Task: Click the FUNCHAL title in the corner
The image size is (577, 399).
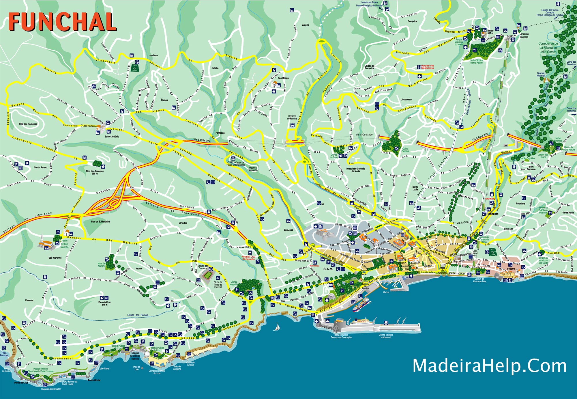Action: click(x=62, y=22)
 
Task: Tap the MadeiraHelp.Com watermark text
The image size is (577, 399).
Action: click(x=489, y=366)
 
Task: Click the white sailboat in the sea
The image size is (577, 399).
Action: click(x=277, y=327)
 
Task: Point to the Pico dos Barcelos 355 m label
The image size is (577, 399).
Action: click(x=95, y=172)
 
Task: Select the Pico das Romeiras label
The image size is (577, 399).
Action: click(x=28, y=124)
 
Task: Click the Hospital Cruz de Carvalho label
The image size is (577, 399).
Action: click(x=248, y=258)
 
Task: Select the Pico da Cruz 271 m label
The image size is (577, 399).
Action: click(x=104, y=303)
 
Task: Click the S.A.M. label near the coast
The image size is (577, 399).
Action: click(x=328, y=269)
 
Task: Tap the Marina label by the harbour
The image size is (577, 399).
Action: click(x=386, y=292)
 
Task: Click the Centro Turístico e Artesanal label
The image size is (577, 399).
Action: click(x=386, y=336)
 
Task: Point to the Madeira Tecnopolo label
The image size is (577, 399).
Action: click(x=253, y=169)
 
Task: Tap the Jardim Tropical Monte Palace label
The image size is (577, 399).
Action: click(x=476, y=61)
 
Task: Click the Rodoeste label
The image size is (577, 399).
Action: click(x=492, y=214)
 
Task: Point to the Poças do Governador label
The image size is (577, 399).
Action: click(x=51, y=389)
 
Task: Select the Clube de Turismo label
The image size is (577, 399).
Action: click(x=190, y=363)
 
